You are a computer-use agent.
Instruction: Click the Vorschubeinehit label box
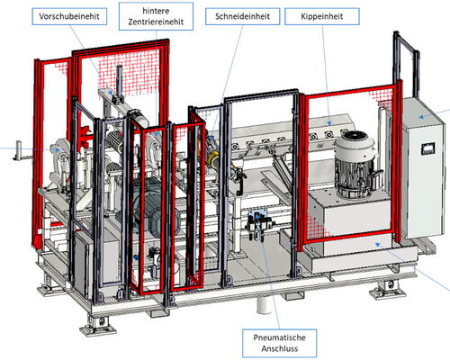(x=69, y=16)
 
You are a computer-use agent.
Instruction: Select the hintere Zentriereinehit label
(x=156, y=16)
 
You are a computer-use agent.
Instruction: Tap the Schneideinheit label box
(x=242, y=16)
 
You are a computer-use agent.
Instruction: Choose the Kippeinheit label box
(x=322, y=16)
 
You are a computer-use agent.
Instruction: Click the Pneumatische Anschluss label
(x=279, y=343)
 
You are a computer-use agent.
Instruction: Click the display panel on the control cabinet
(x=427, y=148)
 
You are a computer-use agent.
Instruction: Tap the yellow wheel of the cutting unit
(x=215, y=158)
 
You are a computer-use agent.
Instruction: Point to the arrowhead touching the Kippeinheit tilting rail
(x=329, y=123)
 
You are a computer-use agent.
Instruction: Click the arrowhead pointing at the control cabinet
(x=421, y=116)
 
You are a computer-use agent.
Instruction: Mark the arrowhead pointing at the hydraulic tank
(x=378, y=245)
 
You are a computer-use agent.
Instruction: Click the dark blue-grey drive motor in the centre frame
(x=156, y=207)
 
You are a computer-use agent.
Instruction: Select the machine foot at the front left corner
(x=96, y=326)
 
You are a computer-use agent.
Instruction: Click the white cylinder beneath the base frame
(x=264, y=305)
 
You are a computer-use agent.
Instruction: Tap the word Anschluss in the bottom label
(x=279, y=349)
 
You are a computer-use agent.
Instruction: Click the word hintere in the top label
(x=156, y=11)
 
